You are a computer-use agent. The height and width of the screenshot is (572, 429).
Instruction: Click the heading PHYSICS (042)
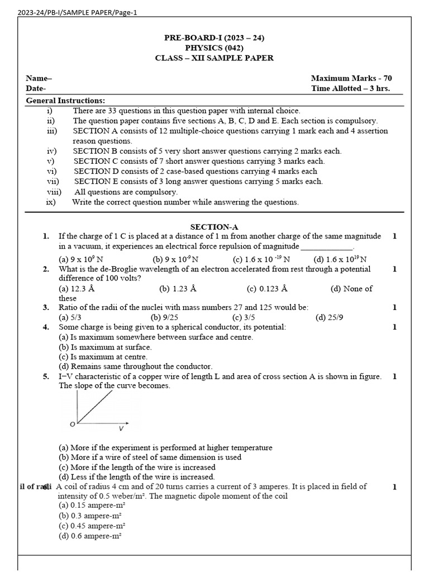[x=214, y=48]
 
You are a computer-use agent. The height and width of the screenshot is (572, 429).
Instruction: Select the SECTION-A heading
[x=214, y=227]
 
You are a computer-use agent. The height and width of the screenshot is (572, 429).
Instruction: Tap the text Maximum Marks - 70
[x=351, y=79]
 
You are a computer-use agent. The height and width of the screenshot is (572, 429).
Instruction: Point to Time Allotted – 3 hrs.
[x=350, y=88]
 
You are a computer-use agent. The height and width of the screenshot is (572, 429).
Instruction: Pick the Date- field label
[x=36, y=88]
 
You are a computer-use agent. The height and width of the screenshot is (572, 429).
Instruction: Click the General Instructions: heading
[x=65, y=101]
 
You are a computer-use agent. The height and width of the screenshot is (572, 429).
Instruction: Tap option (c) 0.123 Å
[x=267, y=289]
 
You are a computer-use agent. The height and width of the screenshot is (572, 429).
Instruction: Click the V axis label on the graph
[x=121, y=429]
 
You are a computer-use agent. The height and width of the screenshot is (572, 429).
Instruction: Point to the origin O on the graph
[x=72, y=425]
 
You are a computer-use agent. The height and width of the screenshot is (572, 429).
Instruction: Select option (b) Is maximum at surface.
[x=105, y=347]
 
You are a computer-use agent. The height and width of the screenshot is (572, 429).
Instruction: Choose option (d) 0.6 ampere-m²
[x=90, y=536]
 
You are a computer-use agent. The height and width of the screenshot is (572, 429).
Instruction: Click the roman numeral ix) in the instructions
[x=51, y=202]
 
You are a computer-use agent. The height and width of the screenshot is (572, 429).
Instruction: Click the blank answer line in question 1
[x=327, y=246]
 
